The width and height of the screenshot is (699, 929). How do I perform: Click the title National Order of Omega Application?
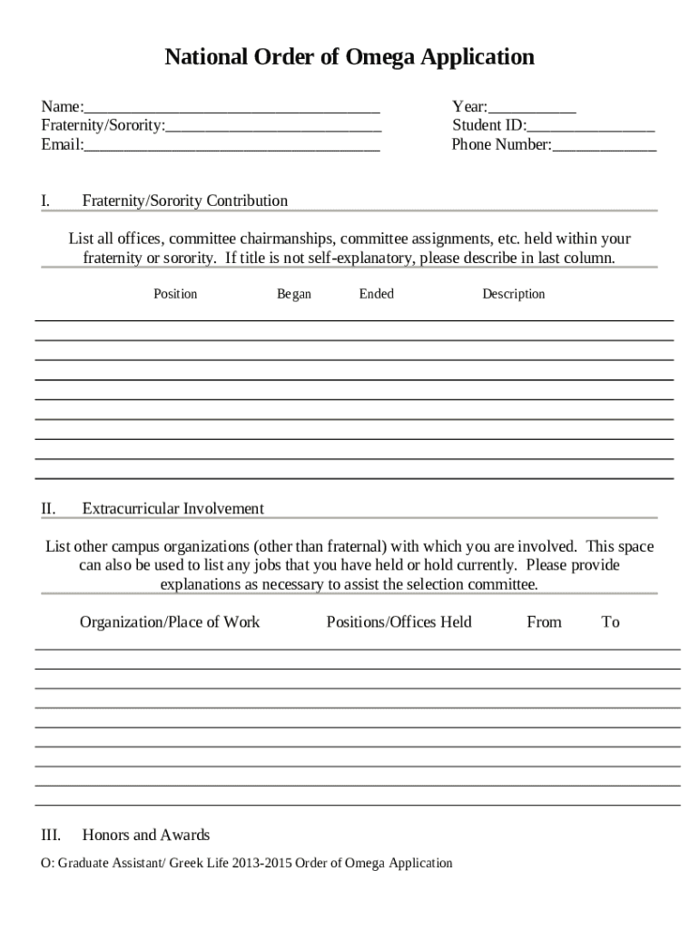pyautogui.click(x=349, y=58)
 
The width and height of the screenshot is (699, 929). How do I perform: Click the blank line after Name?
pyautogui.click(x=231, y=107)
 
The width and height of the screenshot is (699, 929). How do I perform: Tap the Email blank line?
pyautogui.click(x=231, y=145)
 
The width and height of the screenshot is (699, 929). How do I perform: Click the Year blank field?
pyautogui.click(x=532, y=107)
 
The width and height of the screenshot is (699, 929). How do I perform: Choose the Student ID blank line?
pyautogui.click(x=590, y=126)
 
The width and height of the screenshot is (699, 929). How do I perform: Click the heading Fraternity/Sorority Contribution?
pyautogui.click(x=185, y=200)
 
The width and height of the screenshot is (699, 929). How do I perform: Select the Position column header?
pyautogui.click(x=175, y=294)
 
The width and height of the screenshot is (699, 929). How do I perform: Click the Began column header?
pyautogui.click(x=294, y=294)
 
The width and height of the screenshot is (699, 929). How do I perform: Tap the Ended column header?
pyautogui.click(x=377, y=294)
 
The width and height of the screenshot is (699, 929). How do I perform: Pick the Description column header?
pyautogui.click(x=514, y=294)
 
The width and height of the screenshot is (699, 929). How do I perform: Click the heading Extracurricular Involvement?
pyautogui.click(x=173, y=508)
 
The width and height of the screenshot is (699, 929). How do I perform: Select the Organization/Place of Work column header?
pyautogui.click(x=170, y=621)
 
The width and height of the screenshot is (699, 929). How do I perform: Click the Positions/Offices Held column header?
pyautogui.click(x=399, y=621)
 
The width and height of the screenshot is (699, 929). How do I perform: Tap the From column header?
pyautogui.click(x=545, y=621)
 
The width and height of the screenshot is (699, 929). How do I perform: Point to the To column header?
pyautogui.click(x=611, y=621)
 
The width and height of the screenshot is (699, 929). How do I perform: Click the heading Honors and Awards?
pyautogui.click(x=146, y=835)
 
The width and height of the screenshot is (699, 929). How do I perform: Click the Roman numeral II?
pyautogui.click(x=49, y=508)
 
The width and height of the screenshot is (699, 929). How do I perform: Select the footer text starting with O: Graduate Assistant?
pyautogui.click(x=247, y=863)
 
